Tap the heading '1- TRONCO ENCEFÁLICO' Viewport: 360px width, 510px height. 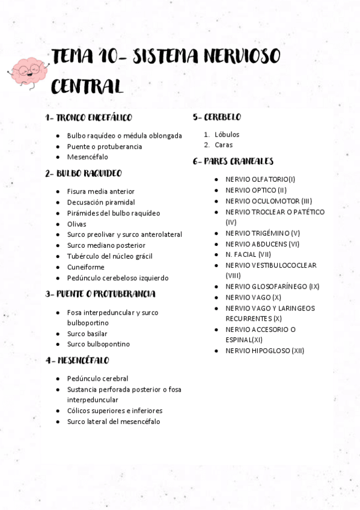point(89,118)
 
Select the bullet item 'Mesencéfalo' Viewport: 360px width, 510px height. point(88,157)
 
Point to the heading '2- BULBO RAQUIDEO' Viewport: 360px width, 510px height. point(84,173)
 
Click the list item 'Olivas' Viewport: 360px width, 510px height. point(76,224)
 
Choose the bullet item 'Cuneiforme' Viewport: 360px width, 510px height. point(85,267)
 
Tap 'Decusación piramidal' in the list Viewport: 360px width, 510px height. point(101,202)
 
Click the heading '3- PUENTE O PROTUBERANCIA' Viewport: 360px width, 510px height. point(100,294)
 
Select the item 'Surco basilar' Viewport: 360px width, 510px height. point(87,333)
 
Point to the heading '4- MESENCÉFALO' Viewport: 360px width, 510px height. point(78,360)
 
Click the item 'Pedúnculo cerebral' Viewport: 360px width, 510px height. point(97,378)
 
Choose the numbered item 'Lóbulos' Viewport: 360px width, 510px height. point(227,134)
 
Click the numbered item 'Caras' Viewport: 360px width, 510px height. point(224,145)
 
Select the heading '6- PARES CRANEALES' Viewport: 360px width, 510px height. point(233,161)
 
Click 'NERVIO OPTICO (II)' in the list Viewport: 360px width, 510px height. point(256,190)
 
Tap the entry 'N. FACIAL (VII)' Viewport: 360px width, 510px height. point(248,254)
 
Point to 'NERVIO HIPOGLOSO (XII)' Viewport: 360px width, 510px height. point(264,351)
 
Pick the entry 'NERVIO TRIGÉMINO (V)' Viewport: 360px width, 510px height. point(263,233)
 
